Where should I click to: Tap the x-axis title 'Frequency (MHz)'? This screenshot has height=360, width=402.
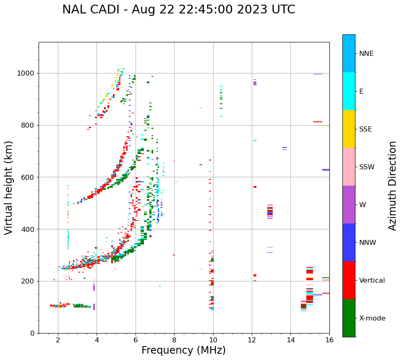[183, 350]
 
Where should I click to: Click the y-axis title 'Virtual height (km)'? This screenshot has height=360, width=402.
[9, 188]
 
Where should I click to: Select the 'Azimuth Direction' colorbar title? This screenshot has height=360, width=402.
[392, 186]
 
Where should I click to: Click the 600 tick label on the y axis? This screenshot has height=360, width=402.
[29, 177]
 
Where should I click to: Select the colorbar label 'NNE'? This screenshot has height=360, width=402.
[366, 54]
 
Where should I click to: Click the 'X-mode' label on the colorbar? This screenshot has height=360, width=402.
[372, 318]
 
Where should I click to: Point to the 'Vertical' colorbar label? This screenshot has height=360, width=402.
[372, 281]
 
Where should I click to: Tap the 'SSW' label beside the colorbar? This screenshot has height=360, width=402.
[367, 167]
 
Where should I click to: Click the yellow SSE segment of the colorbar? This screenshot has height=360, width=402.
[349, 129]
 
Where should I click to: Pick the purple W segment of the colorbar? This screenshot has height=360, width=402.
[349, 205]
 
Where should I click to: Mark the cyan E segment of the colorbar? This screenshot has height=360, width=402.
[349, 91]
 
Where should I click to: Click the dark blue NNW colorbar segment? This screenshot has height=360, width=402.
[349, 242]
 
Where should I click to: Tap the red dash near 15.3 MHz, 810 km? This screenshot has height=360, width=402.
[317, 122]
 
